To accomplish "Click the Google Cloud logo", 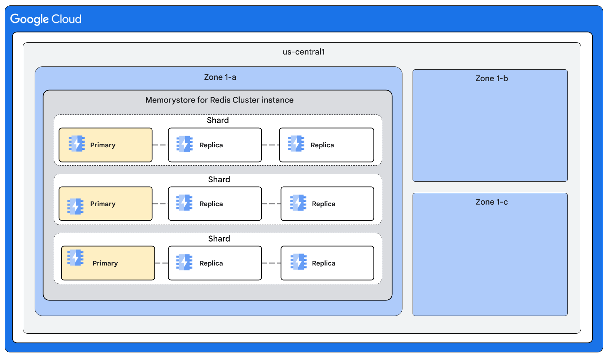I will pyautogui.click(x=46, y=19).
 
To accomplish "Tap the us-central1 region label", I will pyautogui.click(x=304, y=52).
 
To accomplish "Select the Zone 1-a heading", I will pyautogui.click(x=220, y=77).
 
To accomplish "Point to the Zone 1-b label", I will pyautogui.click(x=491, y=79).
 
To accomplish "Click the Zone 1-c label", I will pyautogui.click(x=491, y=202).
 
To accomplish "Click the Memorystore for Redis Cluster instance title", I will pyautogui.click(x=219, y=100).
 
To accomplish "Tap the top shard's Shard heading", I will pyautogui.click(x=218, y=120).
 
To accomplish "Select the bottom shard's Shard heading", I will pyautogui.click(x=219, y=239).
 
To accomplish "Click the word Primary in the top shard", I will pyautogui.click(x=103, y=145).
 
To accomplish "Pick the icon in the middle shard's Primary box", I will pyautogui.click(x=75, y=207).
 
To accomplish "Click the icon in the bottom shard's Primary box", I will pyautogui.click(x=75, y=258).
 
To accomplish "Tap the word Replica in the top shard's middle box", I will pyautogui.click(x=211, y=145).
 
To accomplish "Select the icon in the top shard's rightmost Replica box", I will pyautogui.click(x=296, y=144).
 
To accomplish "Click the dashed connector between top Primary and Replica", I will pyautogui.click(x=160, y=145).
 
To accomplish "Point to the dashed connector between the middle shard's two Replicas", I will pyautogui.click(x=271, y=204).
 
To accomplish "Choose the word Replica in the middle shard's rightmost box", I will pyautogui.click(x=323, y=204).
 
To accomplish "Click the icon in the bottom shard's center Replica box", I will pyautogui.click(x=184, y=262).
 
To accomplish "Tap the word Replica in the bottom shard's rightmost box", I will pyautogui.click(x=323, y=264).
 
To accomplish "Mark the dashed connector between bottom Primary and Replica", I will pyautogui.click(x=161, y=263).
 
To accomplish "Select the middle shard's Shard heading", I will pyautogui.click(x=219, y=179).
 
